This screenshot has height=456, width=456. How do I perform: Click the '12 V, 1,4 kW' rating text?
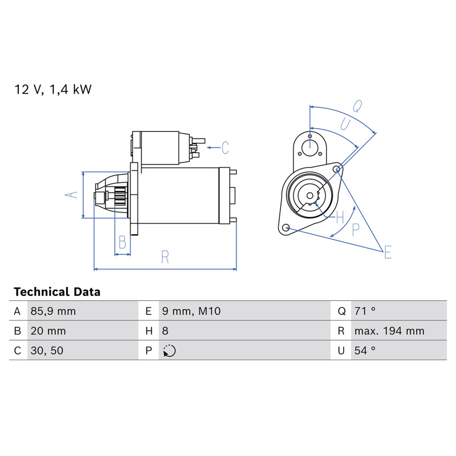(x=53, y=89)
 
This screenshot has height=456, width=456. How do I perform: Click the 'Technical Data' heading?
(x=57, y=292)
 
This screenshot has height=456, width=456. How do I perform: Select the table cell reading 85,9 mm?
(x=53, y=311)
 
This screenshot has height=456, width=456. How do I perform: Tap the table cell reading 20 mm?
(x=48, y=331)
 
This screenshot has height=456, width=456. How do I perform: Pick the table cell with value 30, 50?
(x=47, y=351)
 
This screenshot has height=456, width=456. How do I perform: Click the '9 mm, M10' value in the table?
(x=192, y=311)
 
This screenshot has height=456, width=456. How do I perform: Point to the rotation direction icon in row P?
(x=169, y=351)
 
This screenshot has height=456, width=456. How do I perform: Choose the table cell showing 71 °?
(x=365, y=311)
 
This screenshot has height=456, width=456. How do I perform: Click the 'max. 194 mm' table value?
(x=389, y=331)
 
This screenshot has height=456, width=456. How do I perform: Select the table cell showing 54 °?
(x=365, y=351)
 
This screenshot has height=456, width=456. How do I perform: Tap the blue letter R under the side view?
(x=165, y=257)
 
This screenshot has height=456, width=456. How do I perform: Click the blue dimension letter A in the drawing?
(x=72, y=195)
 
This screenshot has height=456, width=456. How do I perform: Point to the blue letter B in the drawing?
(x=123, y=242)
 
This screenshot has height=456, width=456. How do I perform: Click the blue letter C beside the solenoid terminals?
(x=225, y=148)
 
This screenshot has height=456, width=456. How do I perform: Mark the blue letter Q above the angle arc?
(x=357, y=106)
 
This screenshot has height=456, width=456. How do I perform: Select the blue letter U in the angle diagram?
(x=345, y=124)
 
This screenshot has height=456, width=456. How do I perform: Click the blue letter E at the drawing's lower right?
(x=388, y=252)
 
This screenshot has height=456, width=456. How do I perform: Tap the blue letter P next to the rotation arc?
(x=355, y=230)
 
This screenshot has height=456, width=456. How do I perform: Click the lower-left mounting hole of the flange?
(x=286, y=227)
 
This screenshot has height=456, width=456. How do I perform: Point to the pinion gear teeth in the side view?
(x=120, y=196)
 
